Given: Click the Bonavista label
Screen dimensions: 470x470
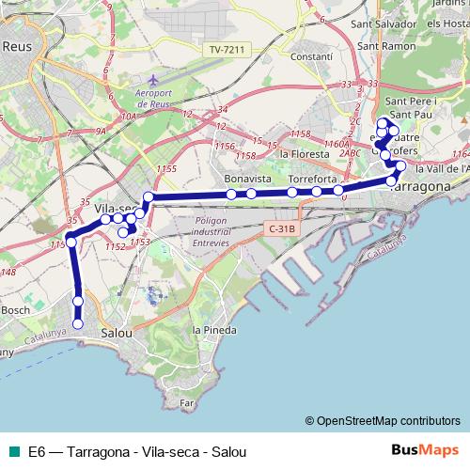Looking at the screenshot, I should [248, 178].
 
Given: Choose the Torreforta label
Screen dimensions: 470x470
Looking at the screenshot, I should [312, 178].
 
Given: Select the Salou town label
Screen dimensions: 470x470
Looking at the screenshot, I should [117, 332].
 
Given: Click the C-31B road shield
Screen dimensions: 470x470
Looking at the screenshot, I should [281, 227].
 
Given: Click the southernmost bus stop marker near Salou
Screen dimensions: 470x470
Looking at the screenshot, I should [78, 323].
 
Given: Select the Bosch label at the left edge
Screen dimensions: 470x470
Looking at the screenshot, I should [14, 309].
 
